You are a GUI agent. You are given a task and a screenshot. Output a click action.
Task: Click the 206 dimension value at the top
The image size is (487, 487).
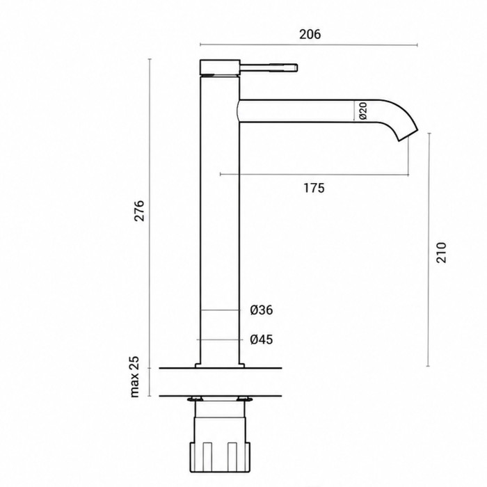pos(310,34)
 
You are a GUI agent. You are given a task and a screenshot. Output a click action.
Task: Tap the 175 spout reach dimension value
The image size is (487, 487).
pos(314,188)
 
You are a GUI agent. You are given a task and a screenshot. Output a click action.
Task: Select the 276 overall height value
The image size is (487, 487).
pos(139,211)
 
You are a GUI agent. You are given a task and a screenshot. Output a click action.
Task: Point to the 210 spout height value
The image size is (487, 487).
pos(440,253)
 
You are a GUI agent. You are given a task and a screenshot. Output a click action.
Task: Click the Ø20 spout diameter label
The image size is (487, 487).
pos(363,111)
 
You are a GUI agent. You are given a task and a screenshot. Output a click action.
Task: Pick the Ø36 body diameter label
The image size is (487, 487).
pos(261,310)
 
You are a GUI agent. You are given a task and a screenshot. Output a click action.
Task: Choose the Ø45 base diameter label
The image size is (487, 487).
pos(261,340)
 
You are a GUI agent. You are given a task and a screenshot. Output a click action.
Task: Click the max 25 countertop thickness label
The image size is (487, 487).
pos(134,376)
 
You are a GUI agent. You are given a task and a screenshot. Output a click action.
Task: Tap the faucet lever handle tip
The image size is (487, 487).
pos(296,67)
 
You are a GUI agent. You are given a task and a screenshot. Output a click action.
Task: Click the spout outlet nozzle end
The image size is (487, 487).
pos(408,135)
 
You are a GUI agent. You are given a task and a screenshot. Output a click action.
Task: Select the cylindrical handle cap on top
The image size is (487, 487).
pos(220,67)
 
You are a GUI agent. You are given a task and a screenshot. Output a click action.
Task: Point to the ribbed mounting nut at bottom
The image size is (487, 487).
pos(220,458)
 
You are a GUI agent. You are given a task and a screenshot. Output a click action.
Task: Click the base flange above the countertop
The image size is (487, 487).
pos(220,366)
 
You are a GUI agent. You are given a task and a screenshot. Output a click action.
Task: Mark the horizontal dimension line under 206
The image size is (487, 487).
pos(308,45)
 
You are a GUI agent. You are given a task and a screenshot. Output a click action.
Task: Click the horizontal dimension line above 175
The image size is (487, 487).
pos(314,175)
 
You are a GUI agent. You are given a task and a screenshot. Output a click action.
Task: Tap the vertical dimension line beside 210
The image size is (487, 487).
pos(429,250)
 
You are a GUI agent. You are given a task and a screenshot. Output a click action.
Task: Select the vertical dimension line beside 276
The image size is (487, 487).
pos(150,213)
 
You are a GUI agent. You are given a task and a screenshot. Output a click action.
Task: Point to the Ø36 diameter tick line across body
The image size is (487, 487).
pos(221,310)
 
